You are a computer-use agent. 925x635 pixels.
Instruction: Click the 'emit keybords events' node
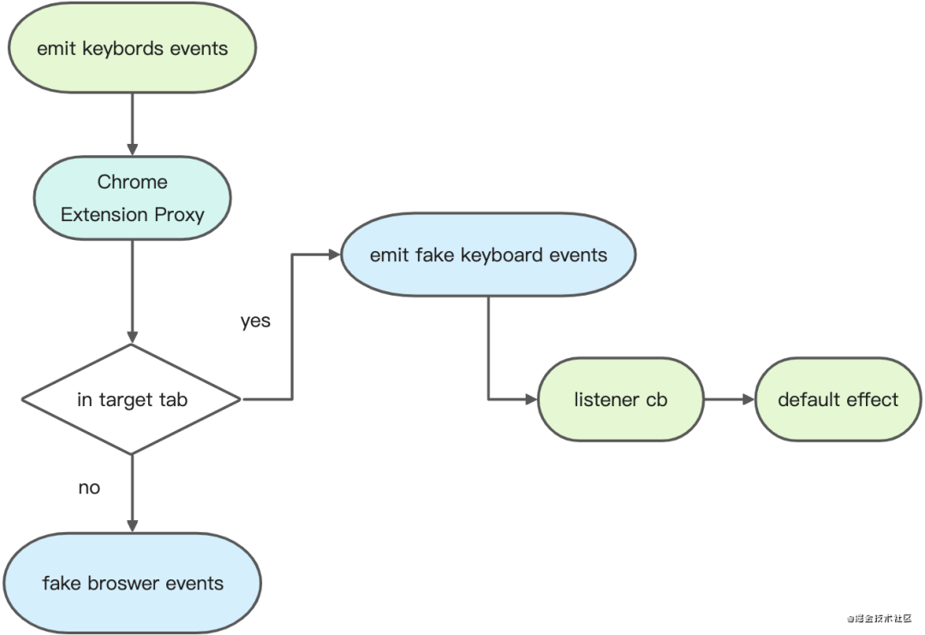point(132,48)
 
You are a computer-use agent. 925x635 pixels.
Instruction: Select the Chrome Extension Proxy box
point(132,198)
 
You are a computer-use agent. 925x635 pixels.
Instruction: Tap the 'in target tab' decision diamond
point(132,399)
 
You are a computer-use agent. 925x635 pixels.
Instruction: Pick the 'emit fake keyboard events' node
point(488,255)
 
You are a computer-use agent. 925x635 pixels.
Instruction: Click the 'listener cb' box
point(621,399)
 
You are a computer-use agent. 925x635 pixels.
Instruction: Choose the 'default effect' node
point(838,399)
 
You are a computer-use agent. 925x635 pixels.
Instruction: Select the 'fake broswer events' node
point(132,583)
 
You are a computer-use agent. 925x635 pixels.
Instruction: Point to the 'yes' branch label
point(255,321)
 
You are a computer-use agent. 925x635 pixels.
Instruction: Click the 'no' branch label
point(89,488)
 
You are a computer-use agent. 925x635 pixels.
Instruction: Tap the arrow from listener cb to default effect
point(730,399)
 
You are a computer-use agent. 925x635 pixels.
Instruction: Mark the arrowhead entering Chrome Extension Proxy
point(132,149)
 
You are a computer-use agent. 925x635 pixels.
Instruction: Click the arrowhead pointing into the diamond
point(132,337)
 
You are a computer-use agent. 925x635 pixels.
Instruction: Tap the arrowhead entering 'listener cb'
point(531,399)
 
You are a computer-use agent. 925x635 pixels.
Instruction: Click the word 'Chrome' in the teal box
point(132,182)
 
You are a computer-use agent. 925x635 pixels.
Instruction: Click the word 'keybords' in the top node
point(122,48)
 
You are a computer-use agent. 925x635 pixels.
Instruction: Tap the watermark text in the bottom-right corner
point(879,619)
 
